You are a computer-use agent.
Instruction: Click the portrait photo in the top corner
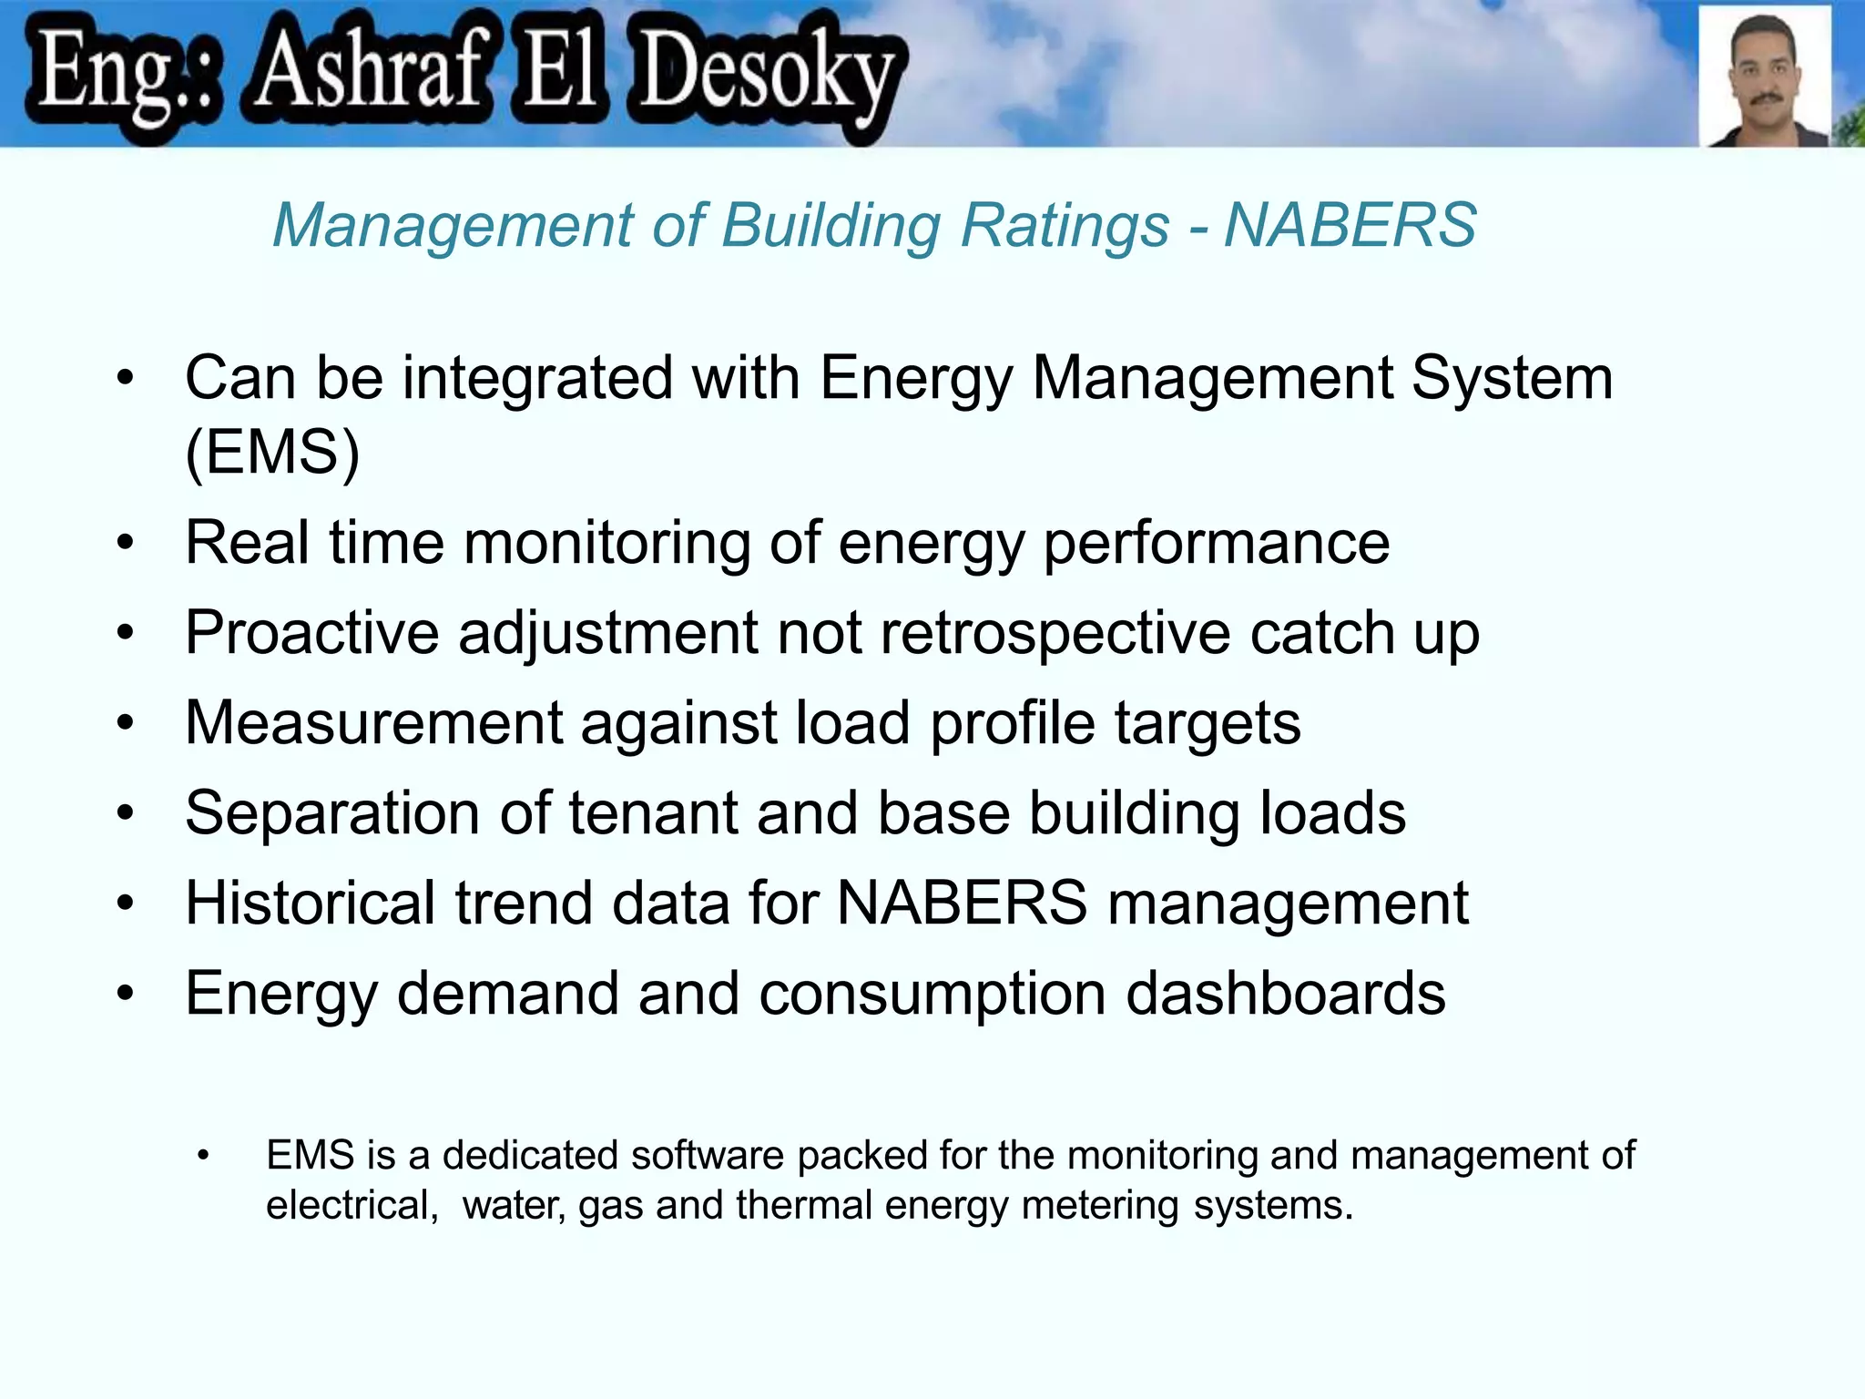click(x=1764, y=76)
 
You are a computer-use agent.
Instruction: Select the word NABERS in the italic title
click(x=1350, y=225)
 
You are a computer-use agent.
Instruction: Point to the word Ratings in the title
click(x=1065, y=225)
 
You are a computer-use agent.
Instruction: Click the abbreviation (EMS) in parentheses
click(x=272, y=452)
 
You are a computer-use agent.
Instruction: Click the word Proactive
click(x=311, y=632)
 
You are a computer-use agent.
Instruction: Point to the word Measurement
click(x=373, y=722)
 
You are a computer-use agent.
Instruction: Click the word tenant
click(x=653, y=812)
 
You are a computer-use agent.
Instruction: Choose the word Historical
click(x=310, y=903)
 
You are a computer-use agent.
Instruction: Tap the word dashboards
click(x=1285, y=993)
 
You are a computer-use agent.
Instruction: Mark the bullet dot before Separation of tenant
click(x=126, y=812)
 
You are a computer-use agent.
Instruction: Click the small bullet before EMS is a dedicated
click(x=203, y=1156)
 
